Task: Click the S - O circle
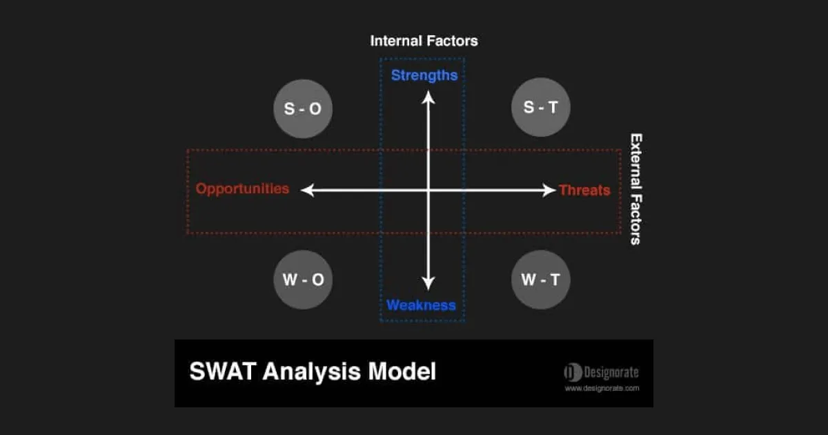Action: click(303, 108)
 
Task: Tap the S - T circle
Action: click(540, 108)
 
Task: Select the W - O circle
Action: click(303, 280)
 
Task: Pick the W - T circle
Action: click(540, 280)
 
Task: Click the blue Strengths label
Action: click(424, 75)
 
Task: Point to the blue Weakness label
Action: click(421, 305)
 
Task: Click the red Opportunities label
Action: click(242, 188)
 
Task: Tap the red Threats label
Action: click(584, 190)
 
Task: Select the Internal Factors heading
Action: click(424, 41)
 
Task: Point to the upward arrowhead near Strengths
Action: click(428, 97)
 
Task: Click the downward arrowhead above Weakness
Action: click(428, 282)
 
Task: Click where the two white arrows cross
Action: click(428, 190)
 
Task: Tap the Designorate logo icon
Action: click(573, 373)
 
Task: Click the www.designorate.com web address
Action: click(602, 388)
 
